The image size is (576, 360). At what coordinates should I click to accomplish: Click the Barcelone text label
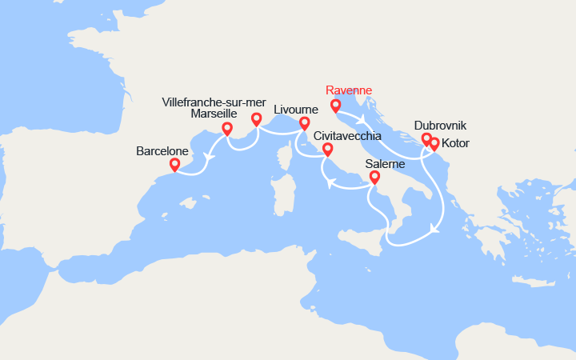[162, 150]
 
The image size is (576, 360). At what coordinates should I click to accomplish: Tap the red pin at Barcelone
[175, 165]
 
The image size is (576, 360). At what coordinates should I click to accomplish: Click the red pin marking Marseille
[227, 128]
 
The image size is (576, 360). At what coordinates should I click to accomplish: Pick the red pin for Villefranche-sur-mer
[256, 119]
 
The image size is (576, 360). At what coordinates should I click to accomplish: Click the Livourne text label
[295, 110]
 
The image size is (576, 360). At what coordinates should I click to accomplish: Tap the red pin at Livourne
[304, 123]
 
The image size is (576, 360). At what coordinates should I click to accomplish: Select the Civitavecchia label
[346, 136]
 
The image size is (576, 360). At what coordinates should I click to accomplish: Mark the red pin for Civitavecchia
[327, 150]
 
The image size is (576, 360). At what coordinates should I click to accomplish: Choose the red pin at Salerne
[374, 178]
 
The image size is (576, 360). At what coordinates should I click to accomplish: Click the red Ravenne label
[350, 90]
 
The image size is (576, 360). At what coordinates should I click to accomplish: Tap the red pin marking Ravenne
[335, 105]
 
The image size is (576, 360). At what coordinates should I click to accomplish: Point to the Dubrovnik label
[440, 126]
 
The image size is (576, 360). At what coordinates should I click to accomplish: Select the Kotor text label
[455, 143]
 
